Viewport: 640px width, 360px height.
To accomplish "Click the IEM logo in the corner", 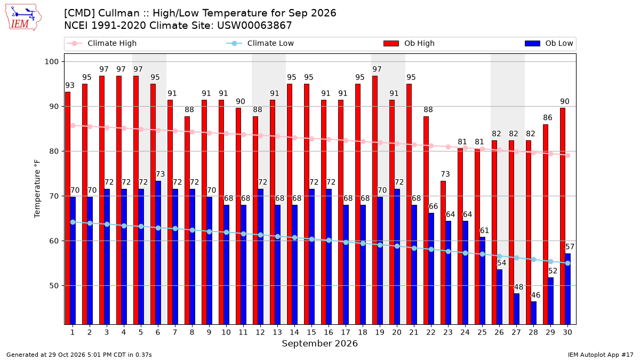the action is coord(23,18).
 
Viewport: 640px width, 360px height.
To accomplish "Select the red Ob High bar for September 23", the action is coord(443,253).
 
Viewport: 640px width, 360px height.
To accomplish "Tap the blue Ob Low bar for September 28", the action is coord(534,313).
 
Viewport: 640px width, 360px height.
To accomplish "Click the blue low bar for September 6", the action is coord(158,253).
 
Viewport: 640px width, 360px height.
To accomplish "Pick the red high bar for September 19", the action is coord(375,200).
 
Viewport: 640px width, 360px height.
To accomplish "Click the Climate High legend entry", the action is coord(101,43).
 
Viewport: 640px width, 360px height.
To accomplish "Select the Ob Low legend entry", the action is coord(549,43).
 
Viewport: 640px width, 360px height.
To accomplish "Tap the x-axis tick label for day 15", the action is coord(311,332).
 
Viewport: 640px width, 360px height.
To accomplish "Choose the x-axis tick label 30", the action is coord(567,332).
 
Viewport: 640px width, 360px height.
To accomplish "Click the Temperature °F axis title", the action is coord(37,189).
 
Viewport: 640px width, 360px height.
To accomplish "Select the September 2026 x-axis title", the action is coord(319,343).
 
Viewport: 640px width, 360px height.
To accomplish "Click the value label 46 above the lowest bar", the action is coord(535,295).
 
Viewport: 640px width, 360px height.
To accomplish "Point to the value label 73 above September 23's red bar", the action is coord(445,174).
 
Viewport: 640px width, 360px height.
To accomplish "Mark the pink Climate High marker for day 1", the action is coord(73,126).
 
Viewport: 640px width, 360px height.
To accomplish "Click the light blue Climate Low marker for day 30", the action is coord(567,263).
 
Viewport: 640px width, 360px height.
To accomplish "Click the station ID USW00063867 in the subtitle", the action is coord(254,26).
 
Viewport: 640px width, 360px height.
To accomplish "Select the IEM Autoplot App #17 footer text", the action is coord(601,355).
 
